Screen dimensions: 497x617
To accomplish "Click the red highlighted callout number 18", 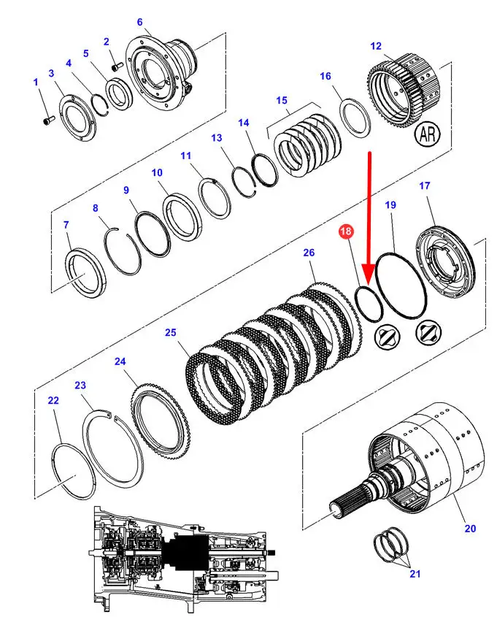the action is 346,231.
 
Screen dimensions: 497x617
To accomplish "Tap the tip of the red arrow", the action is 368,284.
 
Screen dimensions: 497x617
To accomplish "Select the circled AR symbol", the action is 428,134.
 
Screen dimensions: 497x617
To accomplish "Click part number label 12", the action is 376,46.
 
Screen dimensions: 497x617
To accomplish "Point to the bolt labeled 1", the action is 47,120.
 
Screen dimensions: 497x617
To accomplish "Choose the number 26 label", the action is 309,252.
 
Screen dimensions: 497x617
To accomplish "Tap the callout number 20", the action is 470,529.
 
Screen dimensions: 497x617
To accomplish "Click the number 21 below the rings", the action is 415,574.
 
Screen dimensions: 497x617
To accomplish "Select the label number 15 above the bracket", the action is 282,100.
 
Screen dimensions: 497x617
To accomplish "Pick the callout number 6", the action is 139,22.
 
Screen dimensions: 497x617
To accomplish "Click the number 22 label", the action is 53,400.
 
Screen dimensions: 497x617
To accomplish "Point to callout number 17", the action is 425,185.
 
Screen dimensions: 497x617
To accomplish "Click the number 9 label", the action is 126,190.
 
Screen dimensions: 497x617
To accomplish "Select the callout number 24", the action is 120,361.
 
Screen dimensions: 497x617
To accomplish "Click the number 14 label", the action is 243,123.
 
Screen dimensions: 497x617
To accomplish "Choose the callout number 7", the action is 66,225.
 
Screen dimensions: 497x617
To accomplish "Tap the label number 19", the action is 390,204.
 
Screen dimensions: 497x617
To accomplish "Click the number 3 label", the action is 51,73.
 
